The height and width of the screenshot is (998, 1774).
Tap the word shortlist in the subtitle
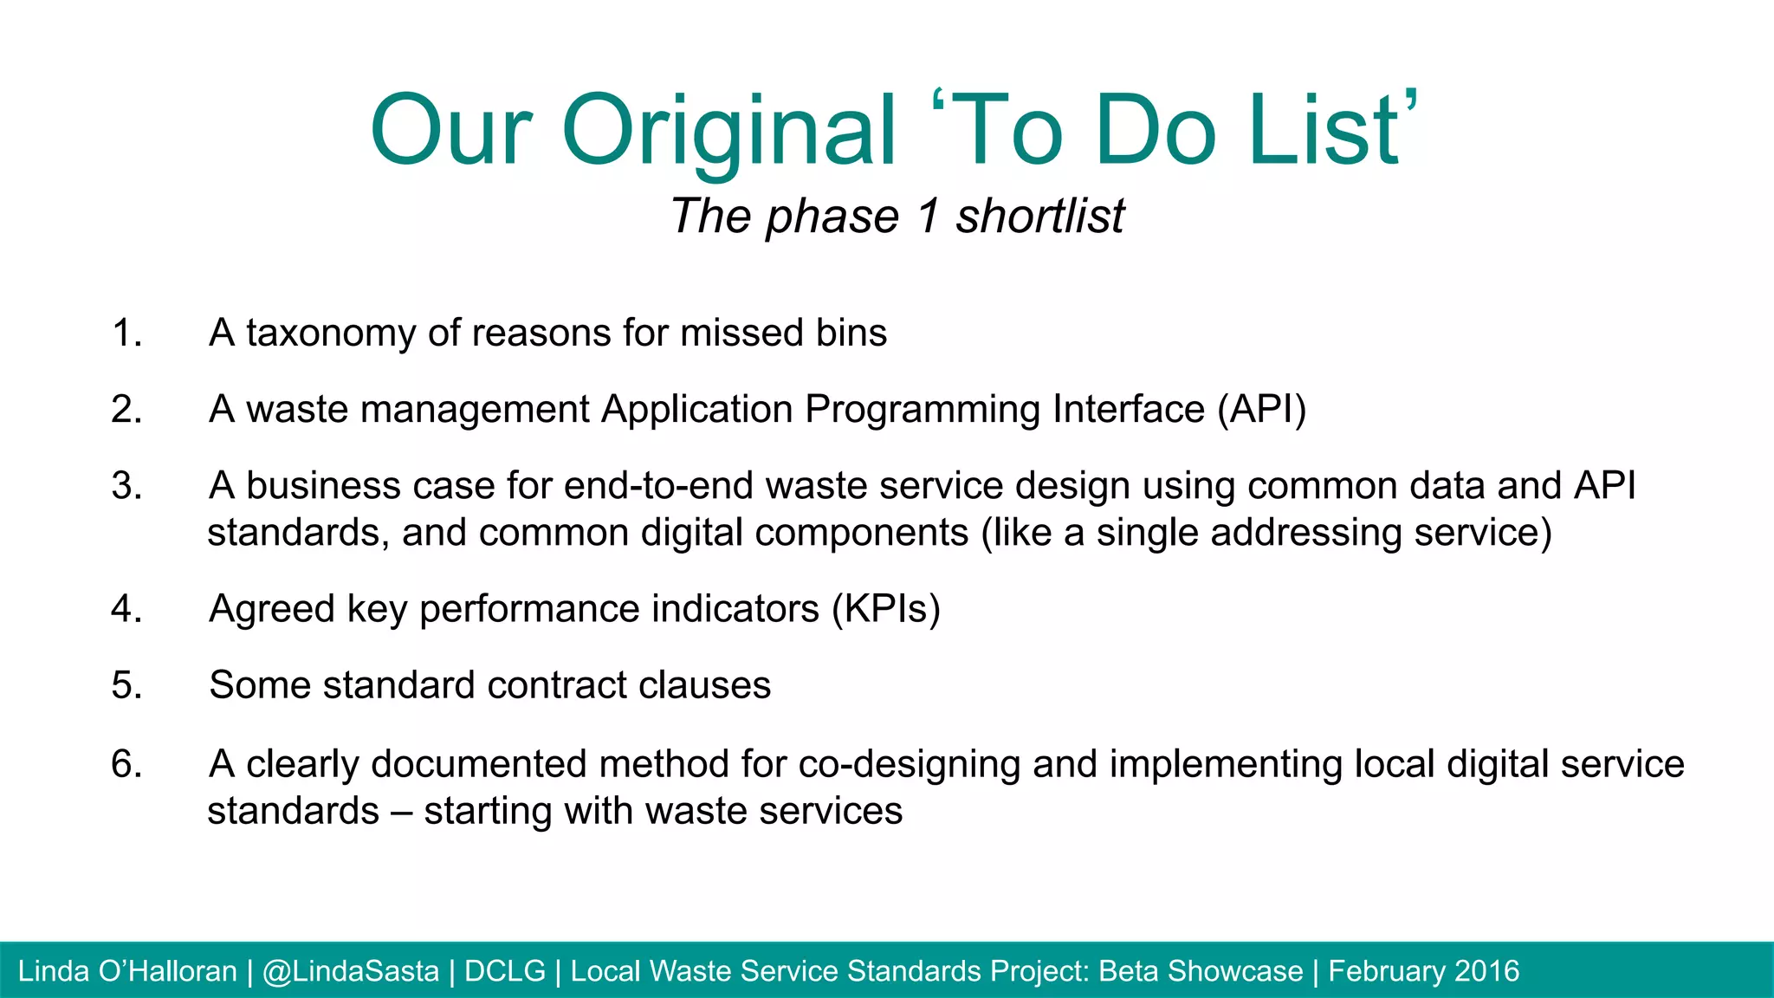click(x=1039, y=216)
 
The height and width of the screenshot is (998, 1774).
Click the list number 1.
click(x=126, y=334)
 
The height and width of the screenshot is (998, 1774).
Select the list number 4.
click(x=126, y=609)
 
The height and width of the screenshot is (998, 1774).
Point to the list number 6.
click(x=126, y=765)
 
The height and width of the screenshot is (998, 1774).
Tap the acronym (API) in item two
click(x=1261, y=410)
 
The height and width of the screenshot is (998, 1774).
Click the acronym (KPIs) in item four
click(x=885, y=609)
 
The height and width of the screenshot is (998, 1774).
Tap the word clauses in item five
click(x=704, y=685)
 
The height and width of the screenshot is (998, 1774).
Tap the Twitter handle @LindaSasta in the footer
click(x=351, y=971)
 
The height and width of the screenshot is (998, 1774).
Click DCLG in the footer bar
click(x=505, y=971)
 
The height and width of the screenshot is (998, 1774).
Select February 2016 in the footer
click(x=1423, y=971)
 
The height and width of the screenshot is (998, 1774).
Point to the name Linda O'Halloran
click(x=127, y=971)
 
